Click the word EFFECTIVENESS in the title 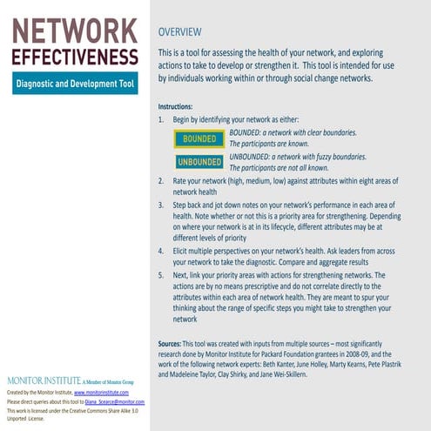tap(74, 57)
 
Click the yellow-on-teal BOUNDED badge tap(199, 138)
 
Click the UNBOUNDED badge tap(199, 162)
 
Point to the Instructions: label tap(181, 105)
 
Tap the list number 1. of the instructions tap(161, 119)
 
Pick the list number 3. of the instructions tap(161, 205)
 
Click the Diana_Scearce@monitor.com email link tap(118, 402)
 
